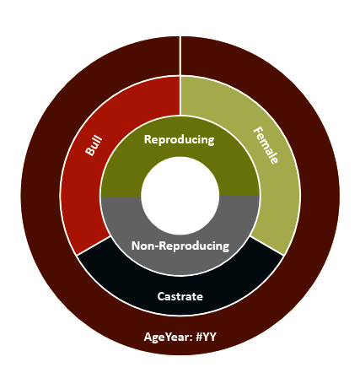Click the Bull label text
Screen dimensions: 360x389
tap(94, 145)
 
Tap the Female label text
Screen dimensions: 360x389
tap(266, 145)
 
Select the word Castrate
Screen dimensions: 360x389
tap(180, 296)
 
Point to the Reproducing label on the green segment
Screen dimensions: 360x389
tap(180, 140)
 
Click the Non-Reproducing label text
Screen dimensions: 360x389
tap(180, 246)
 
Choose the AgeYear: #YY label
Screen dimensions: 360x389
tap(180, 337)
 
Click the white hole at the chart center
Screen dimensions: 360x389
tap(180, 196)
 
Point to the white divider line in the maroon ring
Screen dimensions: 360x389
tap(180, 56)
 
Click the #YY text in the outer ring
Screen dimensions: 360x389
tap(206, 337)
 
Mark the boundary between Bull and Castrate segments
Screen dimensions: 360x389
tap(94, 246)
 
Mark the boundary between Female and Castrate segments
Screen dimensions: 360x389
tap(266, 246)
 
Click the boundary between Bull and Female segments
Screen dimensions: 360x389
tap(180, 95)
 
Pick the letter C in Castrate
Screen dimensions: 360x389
tap(160, 296)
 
